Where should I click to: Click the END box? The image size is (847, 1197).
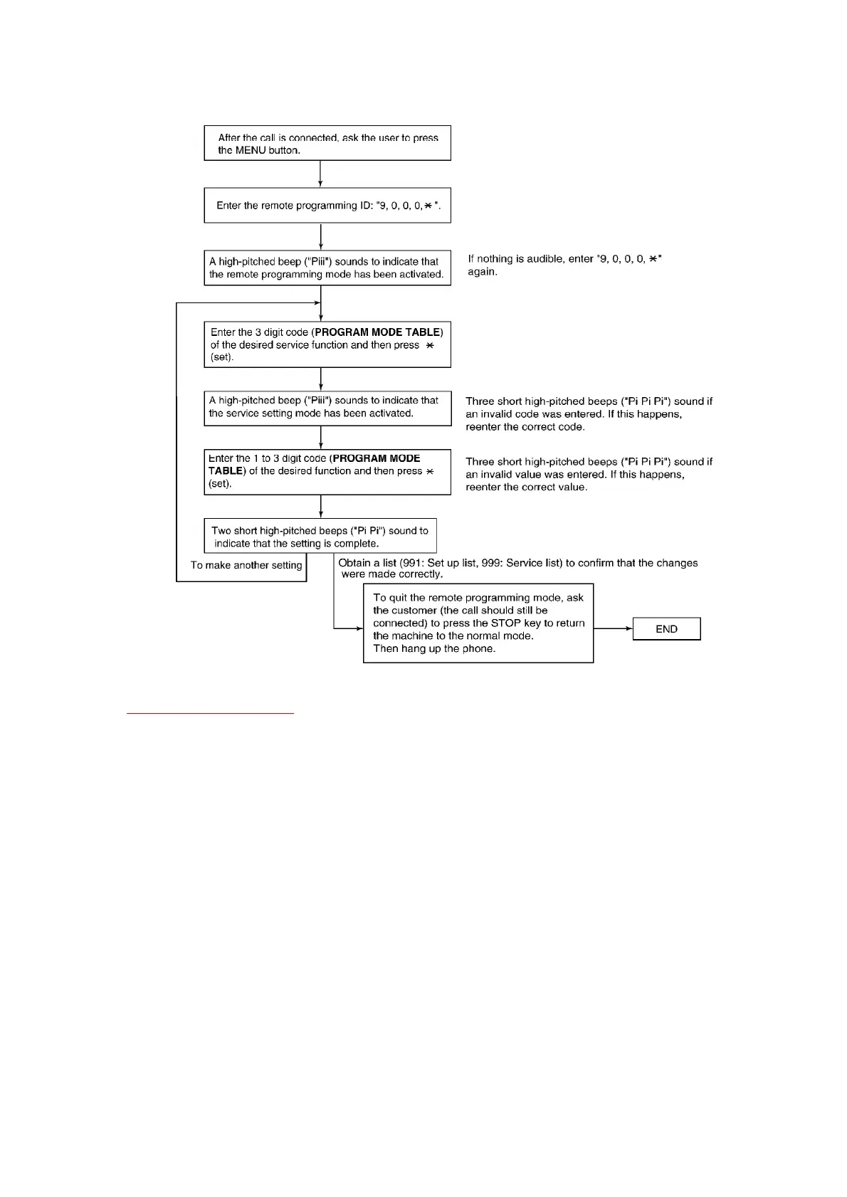(x=666, y=629)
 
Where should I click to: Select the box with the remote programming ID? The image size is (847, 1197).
(x=327, y=206)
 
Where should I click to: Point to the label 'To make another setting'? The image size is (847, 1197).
(x=246, y=566)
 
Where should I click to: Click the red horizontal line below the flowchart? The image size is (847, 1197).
(x=210, y=712)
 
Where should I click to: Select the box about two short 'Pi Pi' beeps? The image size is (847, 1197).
(x=320, y=537)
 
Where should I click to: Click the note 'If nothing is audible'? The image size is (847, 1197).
(x=564, y=265)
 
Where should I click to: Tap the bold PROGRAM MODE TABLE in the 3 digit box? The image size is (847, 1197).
(x=378, y=332)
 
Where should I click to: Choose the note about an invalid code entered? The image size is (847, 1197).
(x=588, y=414)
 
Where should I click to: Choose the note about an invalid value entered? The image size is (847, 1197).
(x=588, y=475)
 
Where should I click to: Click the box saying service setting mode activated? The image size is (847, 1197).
(x=327, y=407)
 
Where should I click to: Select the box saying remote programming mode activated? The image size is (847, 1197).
(x=327, y=268)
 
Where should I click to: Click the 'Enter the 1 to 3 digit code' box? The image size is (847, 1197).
(x=327, y=471)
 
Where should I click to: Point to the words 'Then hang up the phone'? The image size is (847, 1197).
(x=434, y=649)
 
